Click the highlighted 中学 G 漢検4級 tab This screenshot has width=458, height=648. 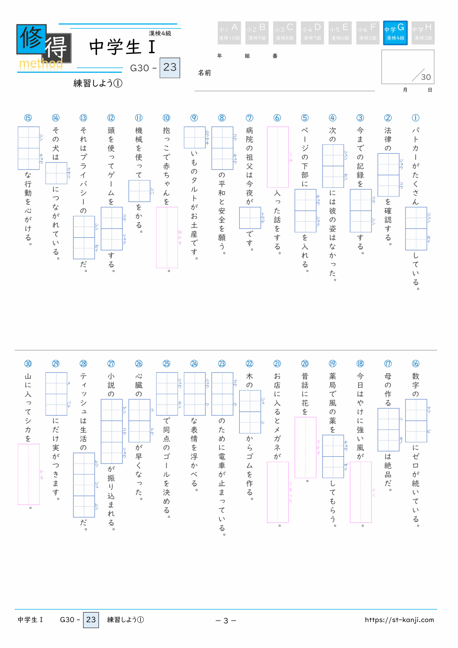395,33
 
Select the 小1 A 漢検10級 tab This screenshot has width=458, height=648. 229,33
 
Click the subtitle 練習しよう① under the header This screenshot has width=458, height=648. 98,83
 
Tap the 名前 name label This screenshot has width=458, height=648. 204,73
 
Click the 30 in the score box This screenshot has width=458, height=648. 426,77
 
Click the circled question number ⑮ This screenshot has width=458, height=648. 28,118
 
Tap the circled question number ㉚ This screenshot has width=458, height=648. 28,364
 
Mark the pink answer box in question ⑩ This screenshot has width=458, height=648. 167,237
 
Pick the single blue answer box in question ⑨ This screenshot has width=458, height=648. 195,138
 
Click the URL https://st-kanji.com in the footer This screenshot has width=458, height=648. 399,620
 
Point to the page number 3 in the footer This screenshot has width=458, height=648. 226,620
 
